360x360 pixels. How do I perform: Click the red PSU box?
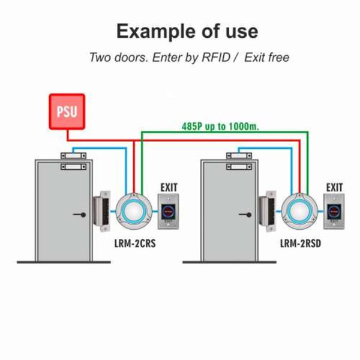67,112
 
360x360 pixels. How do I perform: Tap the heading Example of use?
187,31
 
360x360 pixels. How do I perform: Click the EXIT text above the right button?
334,188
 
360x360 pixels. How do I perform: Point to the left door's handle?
78,214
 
